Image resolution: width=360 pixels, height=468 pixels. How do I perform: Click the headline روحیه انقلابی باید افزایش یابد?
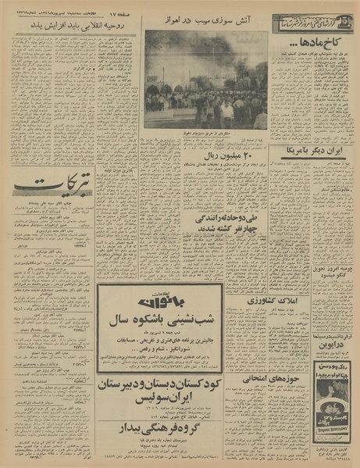pos(71,26)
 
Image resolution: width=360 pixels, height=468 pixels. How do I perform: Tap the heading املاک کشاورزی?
pos(245,300)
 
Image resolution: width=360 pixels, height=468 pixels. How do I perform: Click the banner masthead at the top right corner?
pos(312,23)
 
